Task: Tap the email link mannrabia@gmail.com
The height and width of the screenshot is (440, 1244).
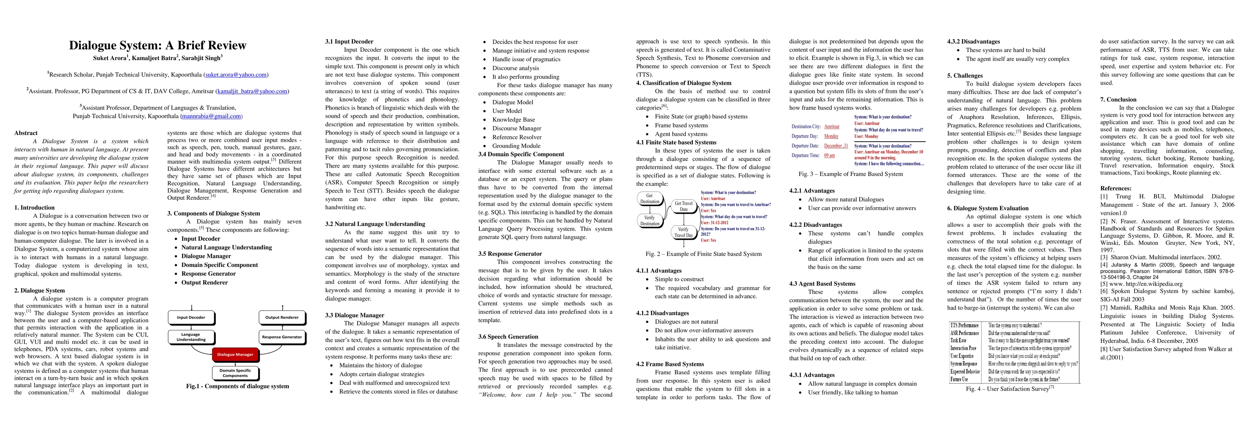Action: (211, 116)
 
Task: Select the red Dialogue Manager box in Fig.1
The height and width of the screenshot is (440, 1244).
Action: (235, 355)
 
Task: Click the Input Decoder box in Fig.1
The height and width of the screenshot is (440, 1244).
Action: (191, 317)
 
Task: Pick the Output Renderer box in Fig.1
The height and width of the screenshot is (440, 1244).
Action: (282, 317)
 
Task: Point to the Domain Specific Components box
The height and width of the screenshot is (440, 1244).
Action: (235, 373)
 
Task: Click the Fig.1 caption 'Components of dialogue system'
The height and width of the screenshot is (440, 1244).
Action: (237, 386)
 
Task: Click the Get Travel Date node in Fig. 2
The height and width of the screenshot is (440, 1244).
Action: (683, 206)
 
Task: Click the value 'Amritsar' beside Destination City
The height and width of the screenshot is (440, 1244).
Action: (831, 126)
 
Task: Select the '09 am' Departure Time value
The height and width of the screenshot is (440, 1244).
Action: (829, 155)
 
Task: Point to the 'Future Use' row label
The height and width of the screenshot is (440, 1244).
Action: (959, 379)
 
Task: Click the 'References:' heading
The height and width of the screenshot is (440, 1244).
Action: (1116, 188)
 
